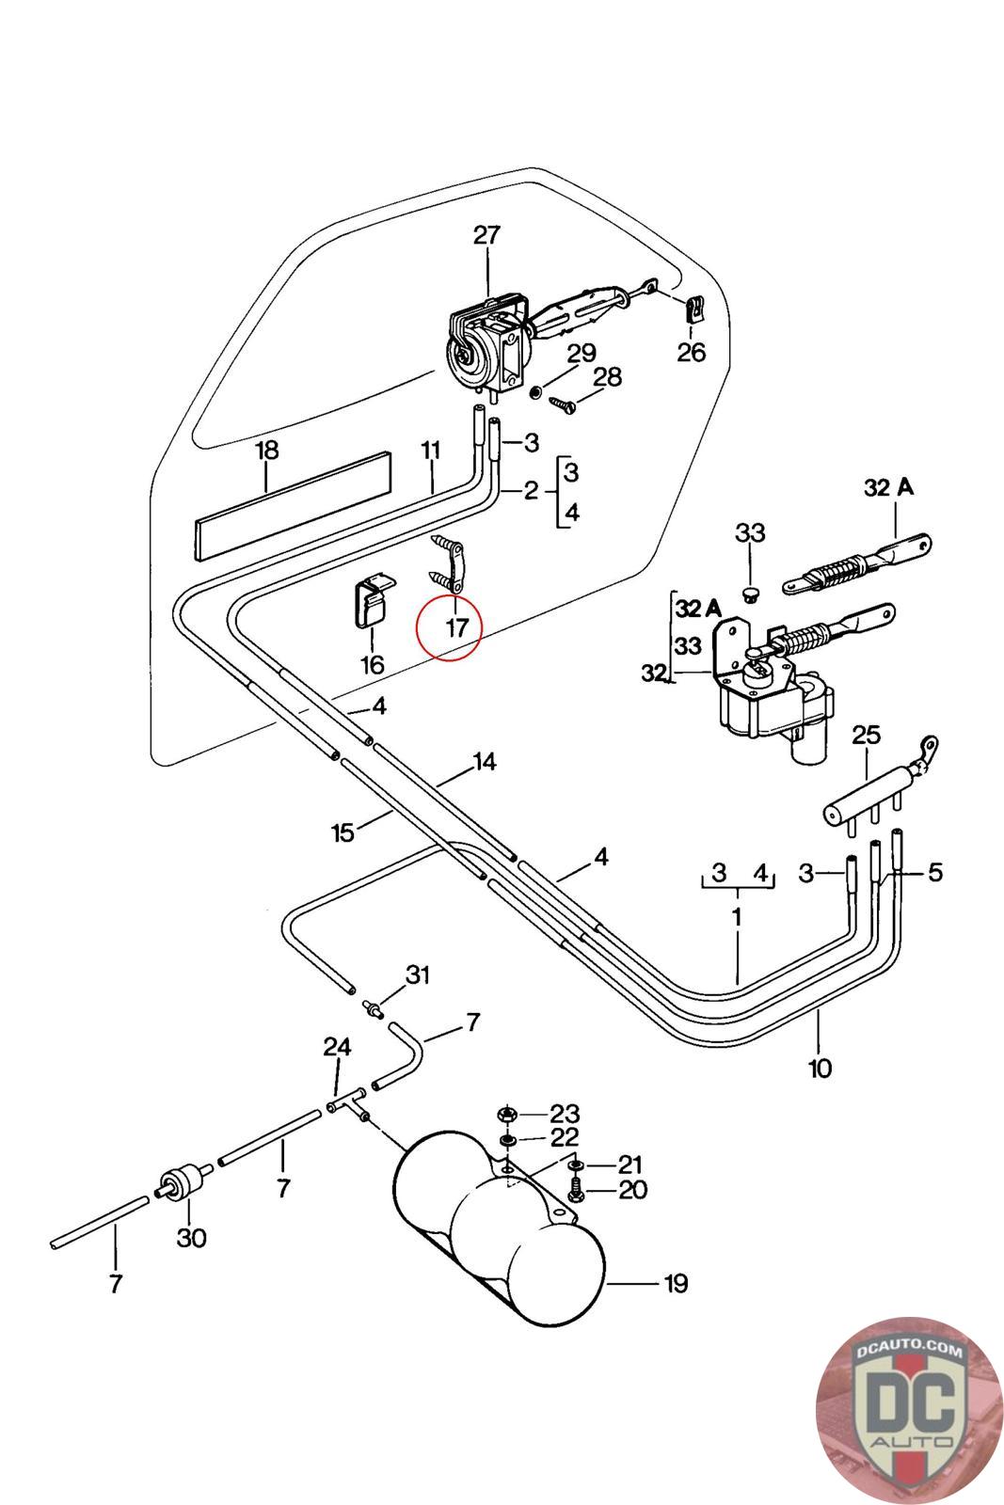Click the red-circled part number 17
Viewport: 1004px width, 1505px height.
click(456, 627)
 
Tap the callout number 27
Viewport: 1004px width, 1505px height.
click(487, 235)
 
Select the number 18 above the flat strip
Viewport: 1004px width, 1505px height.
click(267, 451)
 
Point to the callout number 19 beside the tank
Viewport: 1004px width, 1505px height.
click(676, 1283)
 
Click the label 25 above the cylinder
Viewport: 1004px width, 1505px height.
click(866, 735)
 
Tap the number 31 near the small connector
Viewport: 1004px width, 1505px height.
click(418, 974)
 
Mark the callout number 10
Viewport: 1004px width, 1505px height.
click(820, 1068)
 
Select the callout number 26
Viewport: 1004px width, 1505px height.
click(692, 352)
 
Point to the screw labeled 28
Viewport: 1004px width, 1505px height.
click(563, 404)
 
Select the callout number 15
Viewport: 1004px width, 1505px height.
click(343, 833)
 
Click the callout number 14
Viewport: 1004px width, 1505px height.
click(485, 762)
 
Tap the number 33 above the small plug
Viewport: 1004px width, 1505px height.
click(750, 532)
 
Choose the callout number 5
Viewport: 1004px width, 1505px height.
click(935, 873)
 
